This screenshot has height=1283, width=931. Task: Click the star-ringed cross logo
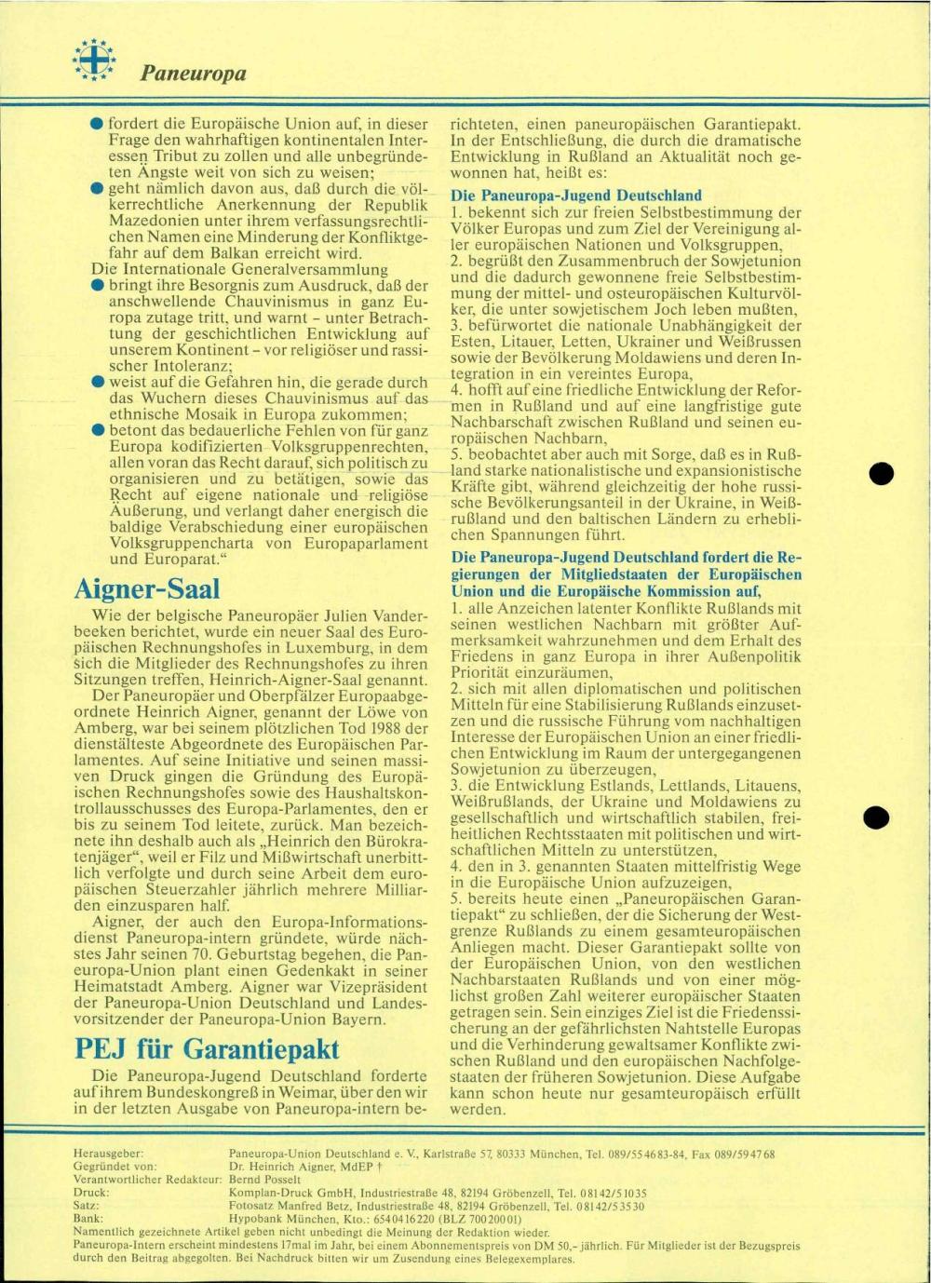pos(94,59)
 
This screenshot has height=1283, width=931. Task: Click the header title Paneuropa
pos(194,73)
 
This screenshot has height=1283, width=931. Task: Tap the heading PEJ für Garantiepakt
pos(206,1049)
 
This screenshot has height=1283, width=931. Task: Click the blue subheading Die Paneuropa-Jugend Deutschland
pos(576,196)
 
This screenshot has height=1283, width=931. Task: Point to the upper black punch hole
pos(881,473)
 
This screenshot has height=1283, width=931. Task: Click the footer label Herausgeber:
pos(108,1153)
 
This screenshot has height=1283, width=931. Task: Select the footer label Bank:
pos(88,1217)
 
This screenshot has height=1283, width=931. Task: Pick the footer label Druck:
pos(90,1192)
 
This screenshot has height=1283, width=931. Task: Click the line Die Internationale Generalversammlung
pos(239,269)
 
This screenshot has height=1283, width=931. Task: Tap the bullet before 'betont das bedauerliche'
pos(97,431)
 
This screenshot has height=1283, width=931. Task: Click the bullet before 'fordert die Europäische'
pos(97,124)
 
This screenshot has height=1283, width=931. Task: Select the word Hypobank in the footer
pos(257,1217)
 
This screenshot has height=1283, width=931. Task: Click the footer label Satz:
pos(87,1205)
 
